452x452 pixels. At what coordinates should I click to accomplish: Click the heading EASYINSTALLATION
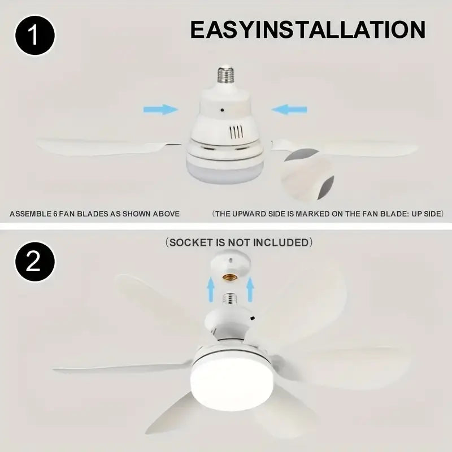(x=307, y=29)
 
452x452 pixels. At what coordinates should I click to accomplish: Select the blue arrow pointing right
(x=160, y=108)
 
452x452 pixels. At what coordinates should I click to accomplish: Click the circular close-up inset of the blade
(x=307, y=173)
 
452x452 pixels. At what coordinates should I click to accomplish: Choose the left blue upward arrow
(x=210, y=291)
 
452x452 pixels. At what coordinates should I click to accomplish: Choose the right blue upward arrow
(x=250, y=291)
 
